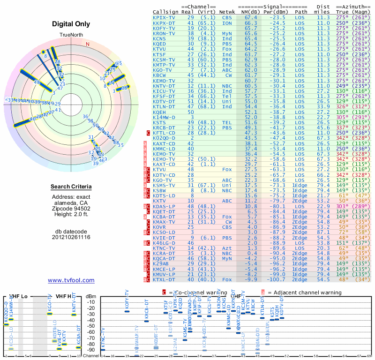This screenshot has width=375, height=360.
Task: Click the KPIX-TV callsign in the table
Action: (164, 17)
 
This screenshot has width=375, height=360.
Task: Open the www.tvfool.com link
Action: (71, 280)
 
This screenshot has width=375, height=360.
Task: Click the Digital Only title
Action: (71, 24)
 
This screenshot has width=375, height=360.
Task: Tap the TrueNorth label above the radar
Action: (71, 36)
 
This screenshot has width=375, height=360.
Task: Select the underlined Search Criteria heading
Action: (71, 187)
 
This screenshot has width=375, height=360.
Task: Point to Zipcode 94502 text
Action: (71, 210)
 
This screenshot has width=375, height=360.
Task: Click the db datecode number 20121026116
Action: (71, 237)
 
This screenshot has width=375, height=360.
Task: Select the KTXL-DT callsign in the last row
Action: (164, 280)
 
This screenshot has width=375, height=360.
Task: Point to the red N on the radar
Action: (87, 45)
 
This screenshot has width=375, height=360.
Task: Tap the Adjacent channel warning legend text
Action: (307, 292)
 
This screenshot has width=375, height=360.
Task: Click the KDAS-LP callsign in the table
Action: (164, 206)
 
